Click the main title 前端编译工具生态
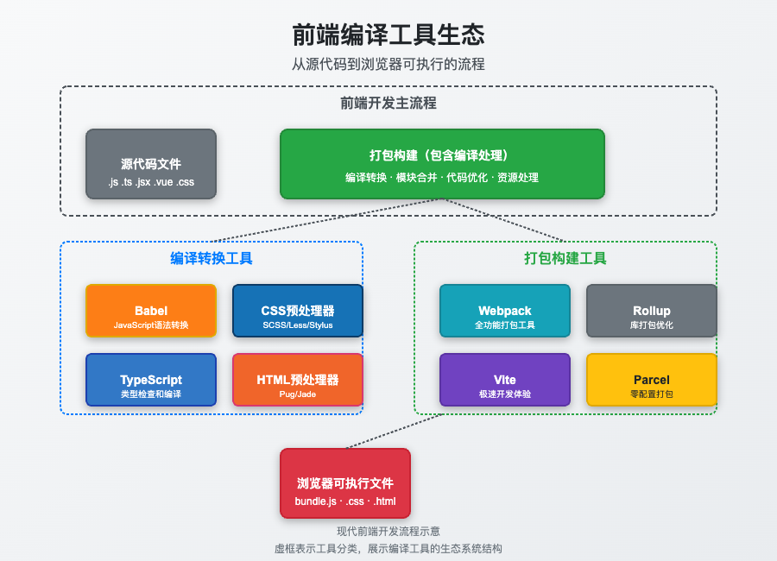(x=388, y=35)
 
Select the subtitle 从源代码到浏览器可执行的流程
(x=388, y=65)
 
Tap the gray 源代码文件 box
(x=151, y=164)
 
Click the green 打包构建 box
(x=442, y=164)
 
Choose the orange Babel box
(x=151, y=311)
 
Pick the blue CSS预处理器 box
(x=298, y=311)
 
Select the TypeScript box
(x=151, y=380)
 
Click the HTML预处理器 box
(x=298, y=380)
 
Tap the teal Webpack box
(x=505, y=311)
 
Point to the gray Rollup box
(x=652, y=311)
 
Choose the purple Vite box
(x=505, y=380)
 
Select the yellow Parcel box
(x=652, y=380)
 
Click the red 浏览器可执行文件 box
(x=345, y=483)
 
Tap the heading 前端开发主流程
(x=388, y=104)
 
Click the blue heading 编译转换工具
(x=212, y=258)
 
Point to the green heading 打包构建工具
(x=565, y=258)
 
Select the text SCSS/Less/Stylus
(x=298, y=325)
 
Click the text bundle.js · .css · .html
(x=345, y=501)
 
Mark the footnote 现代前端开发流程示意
(x=388, y=532)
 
